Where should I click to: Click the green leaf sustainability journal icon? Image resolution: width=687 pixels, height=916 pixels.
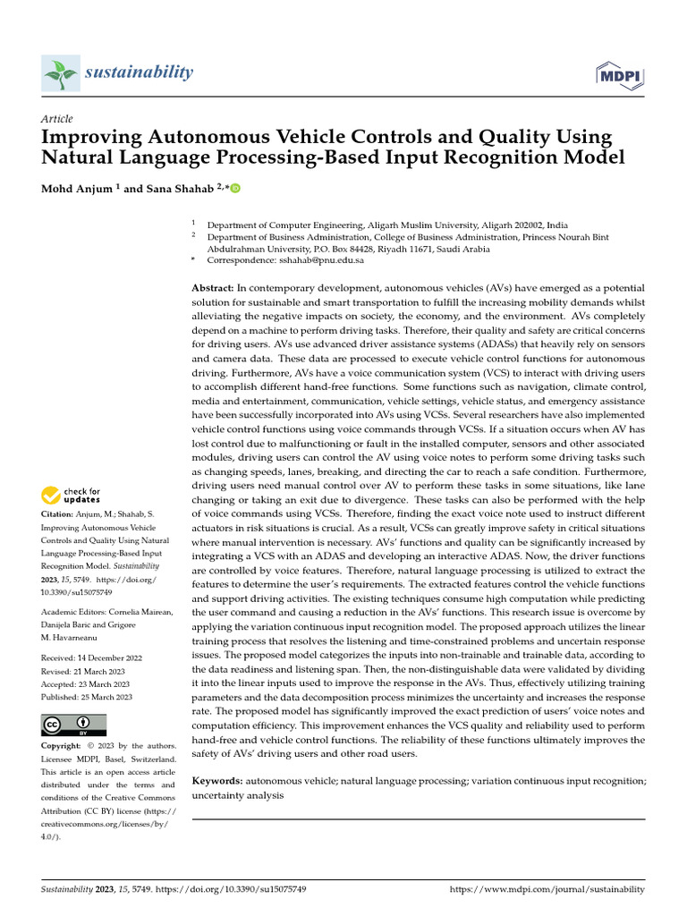click(x=60, y=72)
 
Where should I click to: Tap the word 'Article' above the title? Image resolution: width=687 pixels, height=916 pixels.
click(x=57, y=119)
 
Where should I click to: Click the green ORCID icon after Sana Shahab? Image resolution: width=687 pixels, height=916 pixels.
click(x=236, y=189)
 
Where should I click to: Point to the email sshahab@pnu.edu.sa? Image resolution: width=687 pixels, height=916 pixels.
click(x=323, y=260)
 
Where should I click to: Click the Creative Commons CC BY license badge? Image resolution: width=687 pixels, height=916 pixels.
click(x=74, y=725)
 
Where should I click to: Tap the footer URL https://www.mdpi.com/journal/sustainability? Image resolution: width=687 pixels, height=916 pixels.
click(x=546, y=889)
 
